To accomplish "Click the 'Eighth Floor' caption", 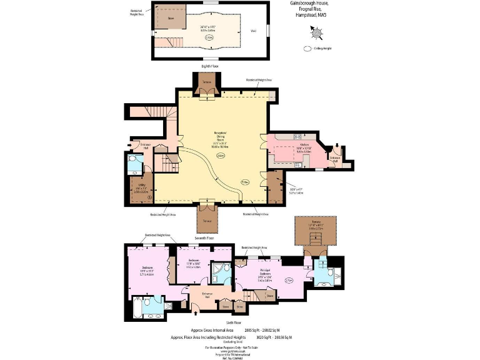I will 210,66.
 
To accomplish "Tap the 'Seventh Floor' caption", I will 206,238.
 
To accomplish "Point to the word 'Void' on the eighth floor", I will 253,30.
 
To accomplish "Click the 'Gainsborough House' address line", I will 309,4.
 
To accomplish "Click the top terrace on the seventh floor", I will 206,83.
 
